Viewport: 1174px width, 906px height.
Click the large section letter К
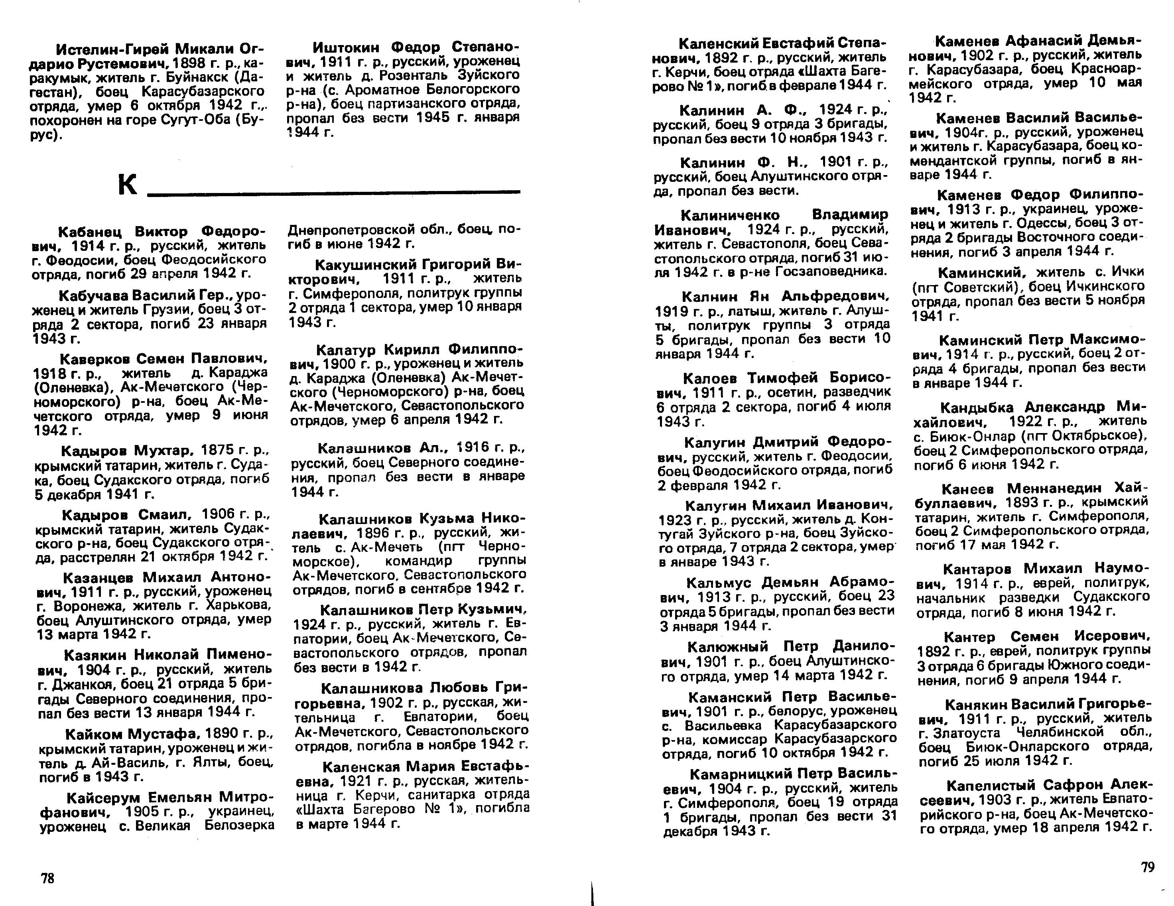[127, 185]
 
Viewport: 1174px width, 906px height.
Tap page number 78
[47, 878]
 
